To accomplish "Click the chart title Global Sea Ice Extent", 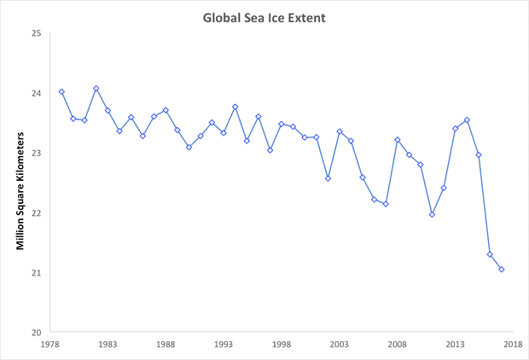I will click(x=264, y=16).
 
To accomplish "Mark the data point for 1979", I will click(x=61, y=92).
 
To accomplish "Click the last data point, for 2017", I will click(x=502, y=270).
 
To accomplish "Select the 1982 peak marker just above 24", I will click(x=96, y=89).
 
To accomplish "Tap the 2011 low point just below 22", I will click(x=432, y=214).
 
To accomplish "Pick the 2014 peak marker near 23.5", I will click(x=467, y=120).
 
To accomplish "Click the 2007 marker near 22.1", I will click(x=386, y=204).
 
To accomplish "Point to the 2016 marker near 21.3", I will click(x=490, y=254).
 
